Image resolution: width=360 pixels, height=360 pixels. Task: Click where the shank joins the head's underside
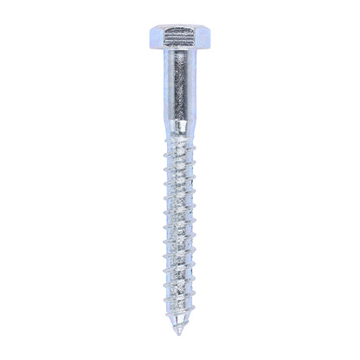(x=180, y=72)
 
